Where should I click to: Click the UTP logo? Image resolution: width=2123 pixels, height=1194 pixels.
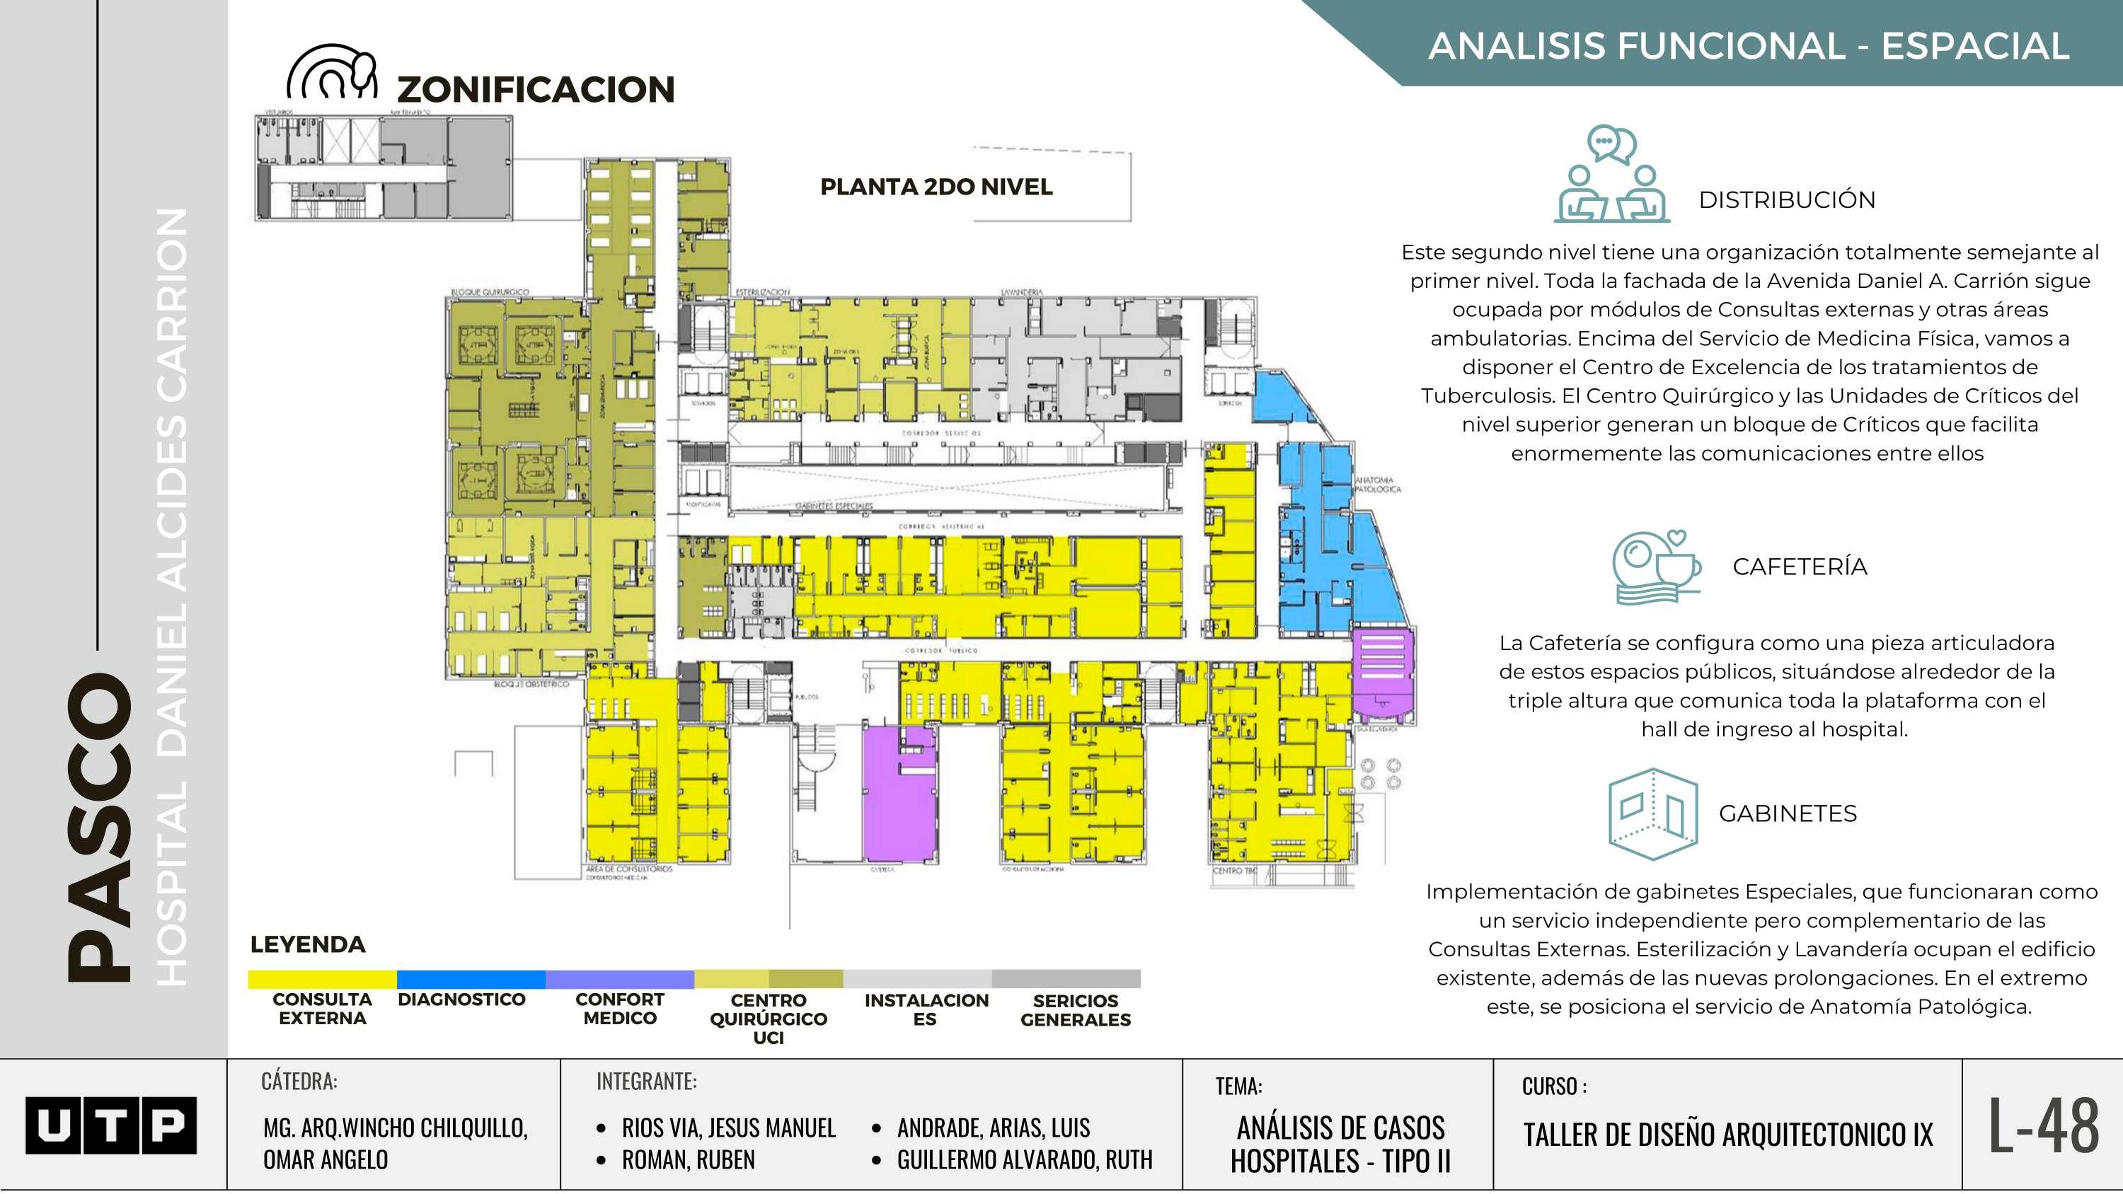pyautogui.click(x=110, y=1125)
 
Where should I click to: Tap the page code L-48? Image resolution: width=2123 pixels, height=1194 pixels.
pyautogui.click(x=2043, y=1125)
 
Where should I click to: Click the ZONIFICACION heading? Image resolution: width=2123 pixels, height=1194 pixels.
pyautogui.click(x=536, y=89)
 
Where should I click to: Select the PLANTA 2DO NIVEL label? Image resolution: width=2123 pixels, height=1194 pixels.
pyautogui.click(x=936, y=187)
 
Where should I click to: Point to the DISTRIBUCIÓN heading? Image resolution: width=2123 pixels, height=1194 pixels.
pyautogui.click(x=1787, y=199)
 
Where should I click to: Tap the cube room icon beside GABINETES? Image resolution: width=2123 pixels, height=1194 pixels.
pyautogui.click(x=1652, y=814)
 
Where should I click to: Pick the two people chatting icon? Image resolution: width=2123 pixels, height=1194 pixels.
pyautogui.click(x=1611, y=175)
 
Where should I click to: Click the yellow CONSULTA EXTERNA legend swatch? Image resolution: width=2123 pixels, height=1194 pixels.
pyautogui.click(x=322, y=979)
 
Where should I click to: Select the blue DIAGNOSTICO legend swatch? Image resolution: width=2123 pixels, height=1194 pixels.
pyautogui.click(x=471, y=979)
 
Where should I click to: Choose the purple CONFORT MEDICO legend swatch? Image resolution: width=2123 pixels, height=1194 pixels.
pyautogui.click(x=620, y=979)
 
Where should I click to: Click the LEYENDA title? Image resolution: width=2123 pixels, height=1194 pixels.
pyautogui.click(x=307, y=944)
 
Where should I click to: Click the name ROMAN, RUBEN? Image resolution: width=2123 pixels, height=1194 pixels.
pyautogui.click(x=688, y=1159)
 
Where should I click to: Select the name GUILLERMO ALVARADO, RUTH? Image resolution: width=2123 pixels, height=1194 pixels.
pyautogui.click(x=1025, y=1159)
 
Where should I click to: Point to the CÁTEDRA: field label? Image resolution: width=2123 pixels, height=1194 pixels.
pyautogui.click(x=299, y=1081)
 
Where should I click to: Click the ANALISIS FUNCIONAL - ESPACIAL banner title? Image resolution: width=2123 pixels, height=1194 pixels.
pyautogui.click(x=1748, y=45)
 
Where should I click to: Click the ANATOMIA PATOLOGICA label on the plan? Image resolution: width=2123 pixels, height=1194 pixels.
pyautogui.click(x=1377, y=485)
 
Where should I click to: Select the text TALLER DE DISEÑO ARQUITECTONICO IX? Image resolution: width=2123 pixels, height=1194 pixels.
pyautogui.click(x=1727, y=1135)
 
